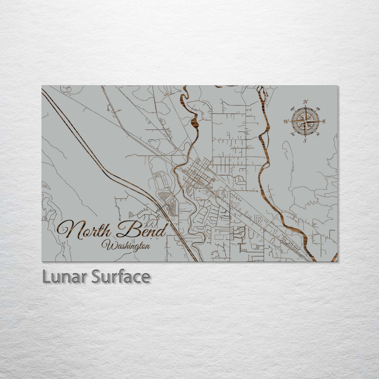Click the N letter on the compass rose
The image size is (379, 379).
[306, 102]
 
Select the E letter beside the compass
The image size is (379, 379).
[324, 121]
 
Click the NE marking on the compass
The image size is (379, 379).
[319, 109]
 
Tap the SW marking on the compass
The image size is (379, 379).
[292, 134]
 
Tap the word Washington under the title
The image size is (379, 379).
[127, 246]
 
